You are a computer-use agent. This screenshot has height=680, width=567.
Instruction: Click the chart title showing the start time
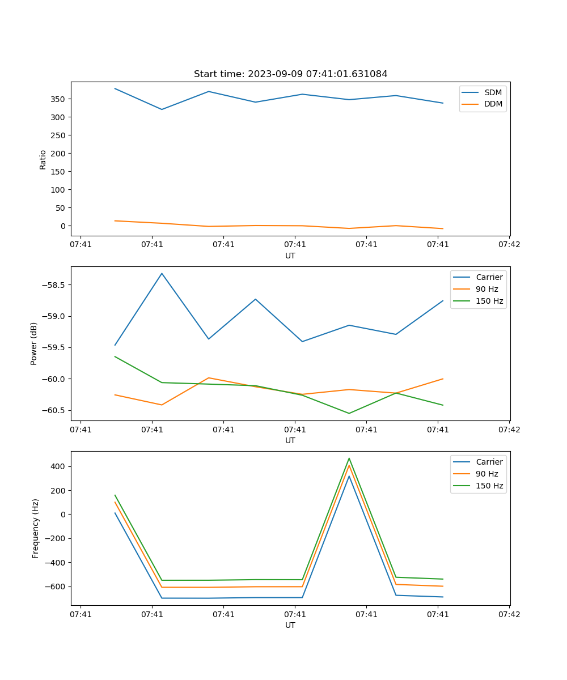coord(290,74)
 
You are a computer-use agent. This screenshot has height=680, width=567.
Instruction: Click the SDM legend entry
coord(493,92)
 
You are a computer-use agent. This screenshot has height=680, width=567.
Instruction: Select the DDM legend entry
coord(493,104)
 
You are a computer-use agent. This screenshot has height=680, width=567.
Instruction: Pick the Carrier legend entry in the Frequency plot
coord(489,462)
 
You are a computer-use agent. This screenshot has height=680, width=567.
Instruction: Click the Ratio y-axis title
coord(43,159)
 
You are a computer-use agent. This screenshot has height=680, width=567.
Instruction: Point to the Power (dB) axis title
coord(34,343)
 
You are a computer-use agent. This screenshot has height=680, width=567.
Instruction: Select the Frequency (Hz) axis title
coord(35,528)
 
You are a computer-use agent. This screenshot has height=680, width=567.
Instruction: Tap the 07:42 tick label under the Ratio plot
coord(509,245)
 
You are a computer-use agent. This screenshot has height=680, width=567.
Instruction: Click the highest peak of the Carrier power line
coord(162,274)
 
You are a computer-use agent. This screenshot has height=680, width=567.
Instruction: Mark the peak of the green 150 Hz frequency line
coord(349,458)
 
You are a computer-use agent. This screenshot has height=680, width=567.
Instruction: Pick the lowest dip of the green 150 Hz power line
coord(349,413)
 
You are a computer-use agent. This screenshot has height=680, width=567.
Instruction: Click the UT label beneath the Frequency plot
coord(290,625)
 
